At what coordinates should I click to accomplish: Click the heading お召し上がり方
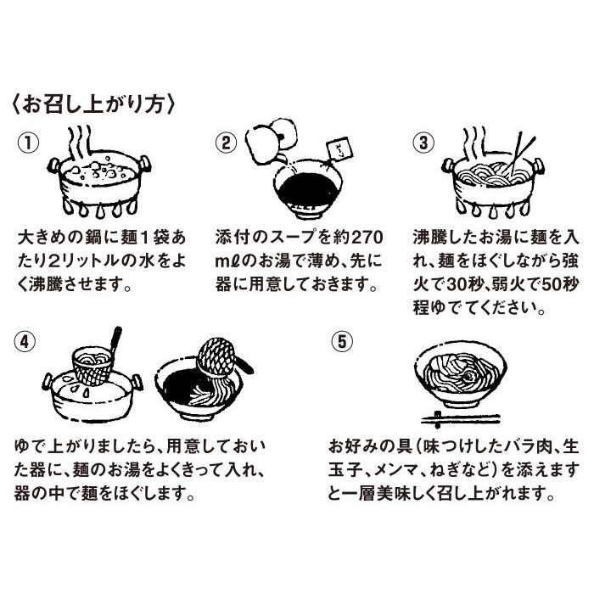click(x=93, y=104)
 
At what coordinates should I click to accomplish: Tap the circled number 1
click(x=28, y=143)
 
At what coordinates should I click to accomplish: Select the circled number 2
click(x=226, y=143)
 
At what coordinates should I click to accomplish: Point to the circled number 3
click(x=423, y=143)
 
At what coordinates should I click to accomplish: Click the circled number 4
click(x=25, y=342)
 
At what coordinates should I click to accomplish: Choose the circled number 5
click(x=342, y=342)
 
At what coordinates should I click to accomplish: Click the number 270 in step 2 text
click(x=367, y=238)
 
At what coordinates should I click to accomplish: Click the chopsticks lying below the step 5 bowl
click(x=461, y=419)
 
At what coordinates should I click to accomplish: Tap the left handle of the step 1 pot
click(x=53, y=165)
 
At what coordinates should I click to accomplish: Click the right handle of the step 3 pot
click(x=538, y=165)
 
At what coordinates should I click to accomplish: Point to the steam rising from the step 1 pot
click(x=80, y=143)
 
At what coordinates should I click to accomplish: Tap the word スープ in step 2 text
click(x=292, y=238)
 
